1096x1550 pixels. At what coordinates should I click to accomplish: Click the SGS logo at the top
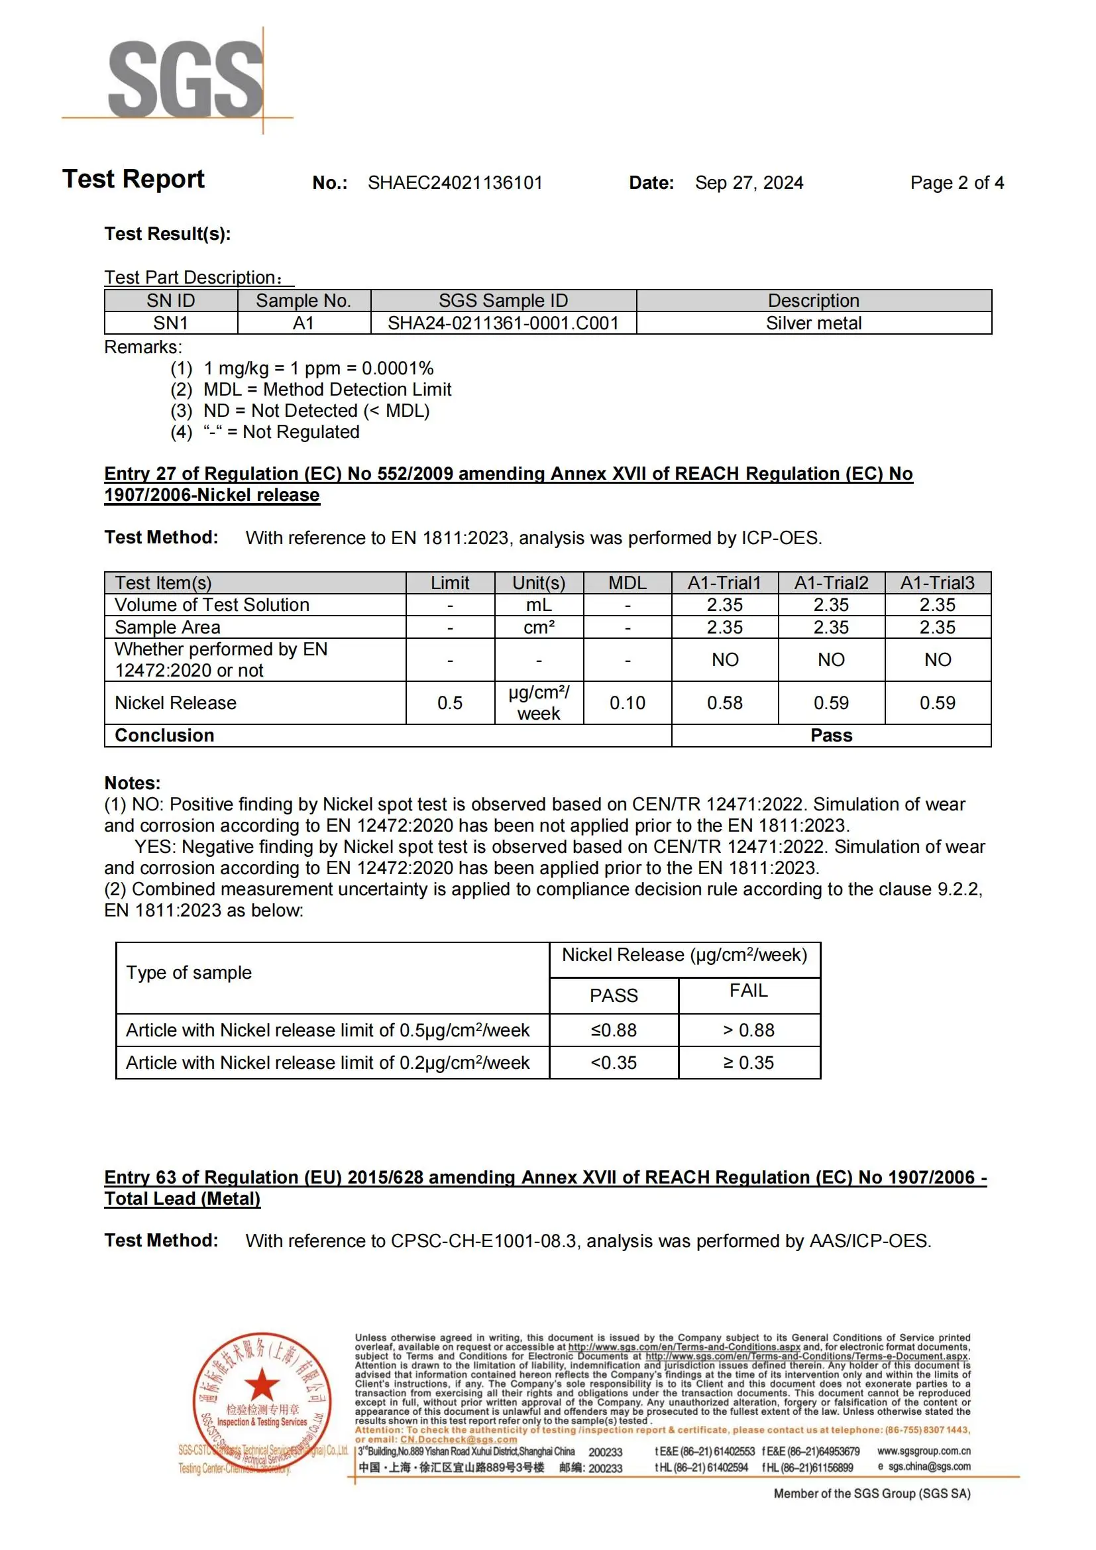tap(186, 80)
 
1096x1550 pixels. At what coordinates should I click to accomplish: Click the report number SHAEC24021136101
tap(455, 183)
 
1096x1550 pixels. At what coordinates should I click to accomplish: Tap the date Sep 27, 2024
tap(749, 183)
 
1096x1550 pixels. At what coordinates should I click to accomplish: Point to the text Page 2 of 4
tap(956, 183)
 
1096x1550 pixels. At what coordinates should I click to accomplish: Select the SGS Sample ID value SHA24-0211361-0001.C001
tap(503, 323)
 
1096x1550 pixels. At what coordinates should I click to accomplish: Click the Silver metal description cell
tap(813, 323)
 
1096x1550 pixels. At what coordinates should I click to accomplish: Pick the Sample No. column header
tap(303, 300)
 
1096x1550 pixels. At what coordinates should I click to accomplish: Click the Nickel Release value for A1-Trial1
tap(725, 702)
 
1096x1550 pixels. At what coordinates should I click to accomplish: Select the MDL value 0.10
tap(627, 702)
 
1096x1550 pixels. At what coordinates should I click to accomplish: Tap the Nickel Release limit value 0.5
tap(449, 702)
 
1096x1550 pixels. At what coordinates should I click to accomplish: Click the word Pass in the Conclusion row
tap(831, 735)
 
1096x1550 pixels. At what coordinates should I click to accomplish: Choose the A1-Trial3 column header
tap(938, 582)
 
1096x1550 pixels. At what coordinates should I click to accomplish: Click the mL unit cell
tap(539, 605)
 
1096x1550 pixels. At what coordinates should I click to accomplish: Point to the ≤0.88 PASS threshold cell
tap(614, 1030)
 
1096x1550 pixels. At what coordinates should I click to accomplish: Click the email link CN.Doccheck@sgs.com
tap(459, 1439)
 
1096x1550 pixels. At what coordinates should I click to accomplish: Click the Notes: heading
tap(133, 783)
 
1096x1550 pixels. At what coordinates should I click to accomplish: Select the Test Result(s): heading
tap(168, 233)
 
